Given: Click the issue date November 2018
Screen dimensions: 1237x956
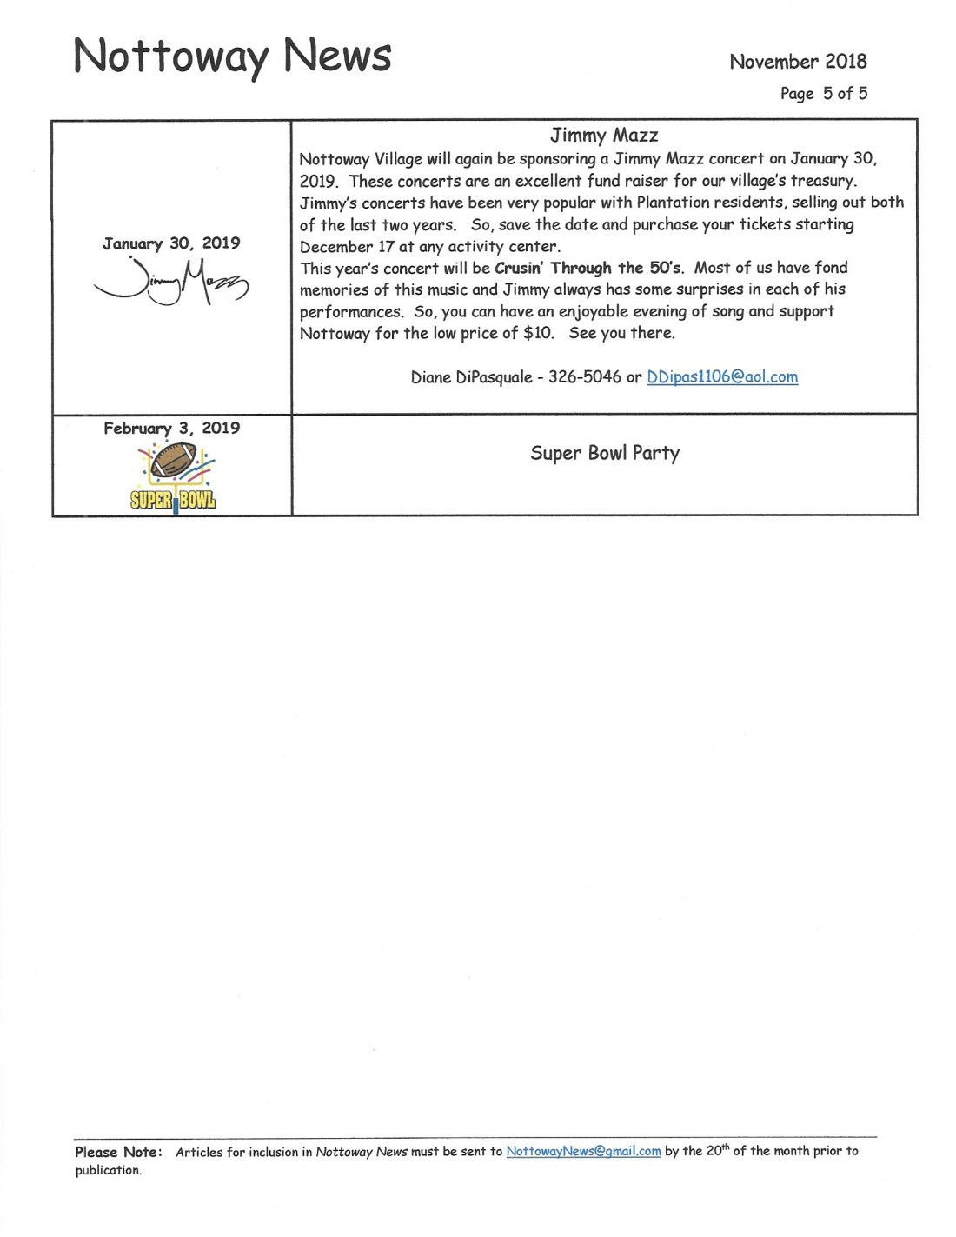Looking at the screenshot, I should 798,61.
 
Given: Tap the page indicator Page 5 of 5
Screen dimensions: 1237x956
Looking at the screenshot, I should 823,93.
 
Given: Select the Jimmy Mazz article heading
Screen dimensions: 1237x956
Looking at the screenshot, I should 604,135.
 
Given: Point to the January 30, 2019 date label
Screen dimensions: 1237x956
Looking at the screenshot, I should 171,243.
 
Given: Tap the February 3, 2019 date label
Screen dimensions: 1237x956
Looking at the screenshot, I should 171,428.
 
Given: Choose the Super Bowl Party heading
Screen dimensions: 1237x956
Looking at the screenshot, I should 605,453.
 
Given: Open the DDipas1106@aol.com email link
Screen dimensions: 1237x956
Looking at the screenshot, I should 722,376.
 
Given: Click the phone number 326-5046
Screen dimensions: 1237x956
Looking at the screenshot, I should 584,376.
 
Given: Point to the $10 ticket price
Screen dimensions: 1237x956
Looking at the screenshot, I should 538,333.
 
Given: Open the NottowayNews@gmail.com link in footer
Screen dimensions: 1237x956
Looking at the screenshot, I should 583,1151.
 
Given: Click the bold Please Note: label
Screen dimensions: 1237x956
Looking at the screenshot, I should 118,1152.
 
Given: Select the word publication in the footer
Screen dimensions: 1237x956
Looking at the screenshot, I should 108,1170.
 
